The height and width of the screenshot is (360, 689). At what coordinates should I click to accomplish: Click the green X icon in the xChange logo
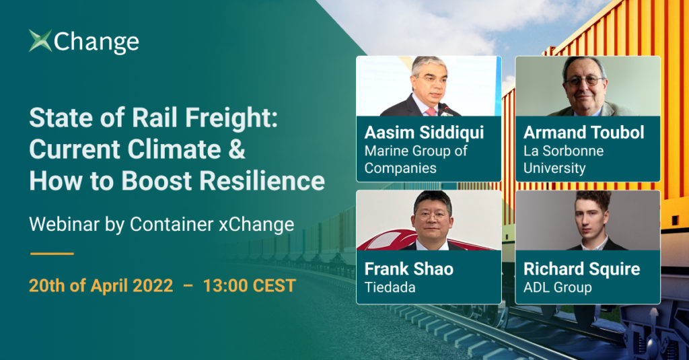pyautogui.click(x=40, y=40)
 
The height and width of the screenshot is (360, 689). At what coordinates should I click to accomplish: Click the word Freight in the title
pyautogui.click(x=231, y=118)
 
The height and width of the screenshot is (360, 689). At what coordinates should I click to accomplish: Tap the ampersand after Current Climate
pyautogui.click(x=237, y=149)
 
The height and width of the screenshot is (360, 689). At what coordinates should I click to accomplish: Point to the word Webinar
pyautogui.click(x=64, y=224)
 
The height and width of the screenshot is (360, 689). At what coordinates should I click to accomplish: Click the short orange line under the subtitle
pyautogui.click(x=52, y=254)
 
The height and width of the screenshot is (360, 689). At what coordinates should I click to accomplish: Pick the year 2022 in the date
pyautogui.click(x=153, y=286)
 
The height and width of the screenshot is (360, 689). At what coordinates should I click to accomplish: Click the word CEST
pyautogui.click(x=274, y=286)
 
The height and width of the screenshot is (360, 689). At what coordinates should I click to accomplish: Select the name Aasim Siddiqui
pyautogui.click(x=424, y=133)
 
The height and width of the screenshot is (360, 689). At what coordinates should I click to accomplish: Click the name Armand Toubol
pyautogui.click(x=583, y=133)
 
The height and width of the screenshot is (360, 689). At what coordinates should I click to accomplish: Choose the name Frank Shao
pyautogui.click(x=408, y=268)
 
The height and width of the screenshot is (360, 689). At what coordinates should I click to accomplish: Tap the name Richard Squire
pyautogui.click(x=582, y=269)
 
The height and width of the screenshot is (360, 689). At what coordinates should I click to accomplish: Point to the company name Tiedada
pyautogui.click(x=390, y=287)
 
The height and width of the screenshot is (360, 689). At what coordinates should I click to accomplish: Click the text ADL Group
pyautogui.click(x=557, y=287)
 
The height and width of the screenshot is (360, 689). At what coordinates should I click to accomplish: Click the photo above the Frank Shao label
pyautogui.click(x=429, y=220)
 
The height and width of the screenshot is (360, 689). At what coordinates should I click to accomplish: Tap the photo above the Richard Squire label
pyautogui.click(x=587, y=220)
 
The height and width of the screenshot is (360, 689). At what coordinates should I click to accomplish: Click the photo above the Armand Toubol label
pyautogui.click(x=587, y=86)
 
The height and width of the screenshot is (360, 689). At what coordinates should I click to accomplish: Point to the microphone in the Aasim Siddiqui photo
pyautogui.click(x=445, y=110)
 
